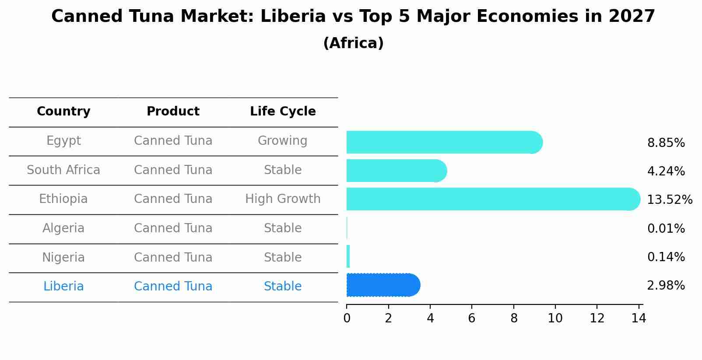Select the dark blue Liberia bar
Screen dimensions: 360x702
tap(381, 285)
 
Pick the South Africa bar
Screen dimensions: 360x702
tap(394, 171)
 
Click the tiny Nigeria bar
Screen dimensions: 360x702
tap(348, 256)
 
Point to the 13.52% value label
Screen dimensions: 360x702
tap(669, 200)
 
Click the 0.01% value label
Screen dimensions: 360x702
tap(666, 228)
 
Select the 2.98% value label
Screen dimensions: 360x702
tap(666, 286)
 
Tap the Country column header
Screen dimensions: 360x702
tap(63, 112)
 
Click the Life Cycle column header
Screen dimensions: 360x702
tap(283, 112)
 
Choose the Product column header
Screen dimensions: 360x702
tap(173, 112)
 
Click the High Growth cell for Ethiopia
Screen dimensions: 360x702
tap(283, 199)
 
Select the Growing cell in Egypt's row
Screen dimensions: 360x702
tap(283, 141)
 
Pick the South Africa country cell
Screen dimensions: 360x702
tap(63, 170)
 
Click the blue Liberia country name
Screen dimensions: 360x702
tap(63, 287)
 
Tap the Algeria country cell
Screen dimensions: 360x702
tap(63, 228)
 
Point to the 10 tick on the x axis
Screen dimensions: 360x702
tap(555, 318)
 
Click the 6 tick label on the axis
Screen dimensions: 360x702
tap(472, 318)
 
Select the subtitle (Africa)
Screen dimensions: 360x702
tap(353, 43)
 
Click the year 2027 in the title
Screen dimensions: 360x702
tap(631, 17)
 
